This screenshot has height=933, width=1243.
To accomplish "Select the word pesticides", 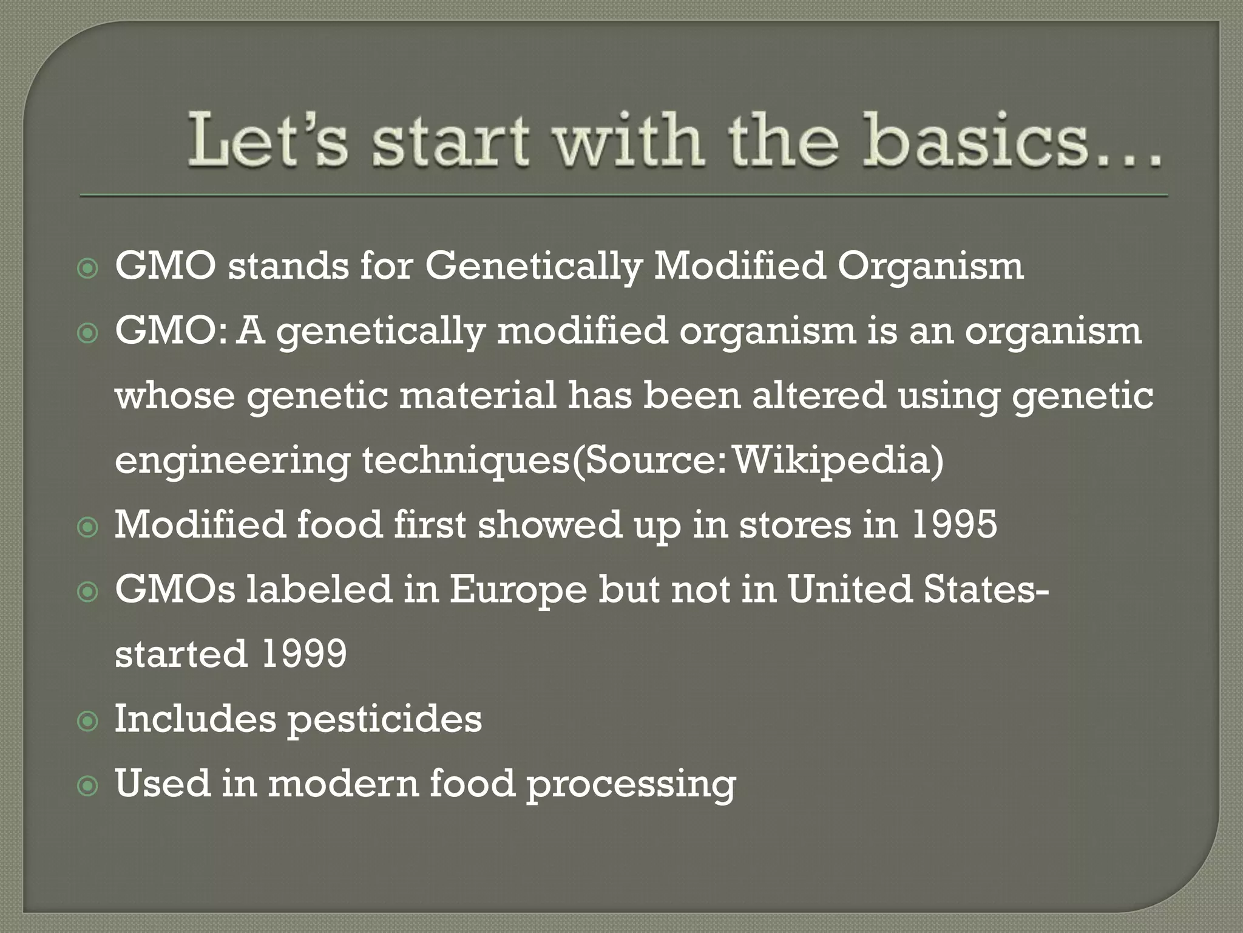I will (x=384, y=719).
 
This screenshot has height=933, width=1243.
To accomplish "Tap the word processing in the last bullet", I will (x=631, y=784).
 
